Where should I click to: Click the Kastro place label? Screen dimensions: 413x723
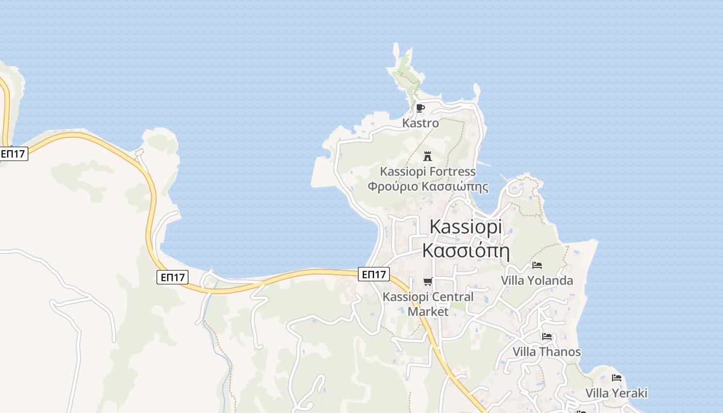[420, 123]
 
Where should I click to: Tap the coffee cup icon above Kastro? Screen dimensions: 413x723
[420, 108]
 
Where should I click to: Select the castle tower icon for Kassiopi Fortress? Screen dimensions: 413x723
[427, 156]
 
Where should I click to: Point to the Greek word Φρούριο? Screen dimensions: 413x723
[393, 186]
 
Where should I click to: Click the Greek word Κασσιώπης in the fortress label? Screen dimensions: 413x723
[455, 186]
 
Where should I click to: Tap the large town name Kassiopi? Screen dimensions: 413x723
[465, 227]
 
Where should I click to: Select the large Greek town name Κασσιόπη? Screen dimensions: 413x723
[466, 251]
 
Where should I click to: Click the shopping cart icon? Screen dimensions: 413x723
[427, 281]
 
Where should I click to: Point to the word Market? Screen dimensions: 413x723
[428, 312]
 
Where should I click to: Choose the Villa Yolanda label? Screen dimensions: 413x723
[537, 281]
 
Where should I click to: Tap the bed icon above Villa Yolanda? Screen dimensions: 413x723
[537, 265]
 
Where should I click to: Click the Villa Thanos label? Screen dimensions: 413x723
[546, 352]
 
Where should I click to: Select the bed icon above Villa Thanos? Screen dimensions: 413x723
[547, 337]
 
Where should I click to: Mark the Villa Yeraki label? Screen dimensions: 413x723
[616, 393]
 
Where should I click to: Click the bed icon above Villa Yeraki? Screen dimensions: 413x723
[616, 378]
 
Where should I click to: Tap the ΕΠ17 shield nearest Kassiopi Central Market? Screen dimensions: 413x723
[374, 274]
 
